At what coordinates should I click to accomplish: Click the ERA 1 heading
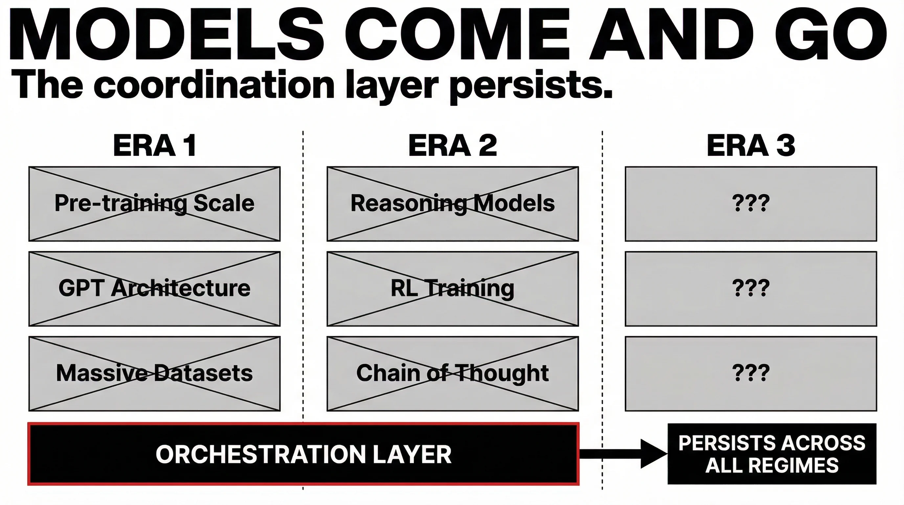point(154,146)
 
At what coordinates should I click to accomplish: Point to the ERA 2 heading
point(453,146)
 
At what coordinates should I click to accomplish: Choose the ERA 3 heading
point(751,146)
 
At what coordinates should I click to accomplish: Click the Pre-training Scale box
point(154,204)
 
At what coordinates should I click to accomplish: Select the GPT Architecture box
point(154,289)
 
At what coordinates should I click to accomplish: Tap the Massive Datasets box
point(154,373)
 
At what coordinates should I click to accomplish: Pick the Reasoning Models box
point(453,204)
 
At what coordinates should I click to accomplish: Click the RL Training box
point(453,289)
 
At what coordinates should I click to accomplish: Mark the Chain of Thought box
point(453,373)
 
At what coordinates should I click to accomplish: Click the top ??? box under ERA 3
point(751,204)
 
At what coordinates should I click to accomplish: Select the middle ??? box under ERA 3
point(751,289)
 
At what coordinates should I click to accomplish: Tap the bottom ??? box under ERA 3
point(751,373)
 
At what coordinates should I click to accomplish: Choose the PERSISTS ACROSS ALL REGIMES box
point(772,454)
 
